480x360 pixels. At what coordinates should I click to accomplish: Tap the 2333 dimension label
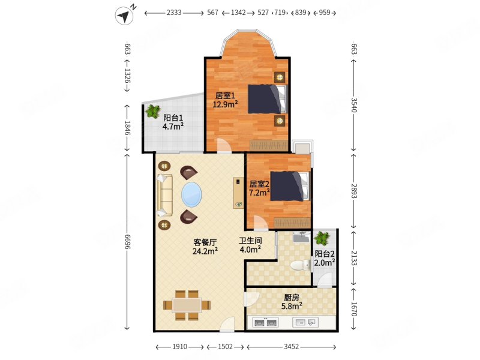point(174,13)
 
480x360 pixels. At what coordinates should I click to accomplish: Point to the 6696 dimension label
point(127,242)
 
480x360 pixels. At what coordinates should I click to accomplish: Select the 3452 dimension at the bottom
point(291,347)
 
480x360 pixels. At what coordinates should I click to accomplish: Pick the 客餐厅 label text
point(205,242)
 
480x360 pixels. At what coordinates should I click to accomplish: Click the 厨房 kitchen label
point(292,297)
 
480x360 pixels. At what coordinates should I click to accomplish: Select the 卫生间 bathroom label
point(250,241)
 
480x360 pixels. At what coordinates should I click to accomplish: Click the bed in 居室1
point(267,99)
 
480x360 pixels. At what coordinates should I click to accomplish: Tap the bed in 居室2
point(289,186)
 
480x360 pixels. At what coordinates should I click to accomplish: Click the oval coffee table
point(191,194)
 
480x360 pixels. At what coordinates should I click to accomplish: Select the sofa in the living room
point(164,195)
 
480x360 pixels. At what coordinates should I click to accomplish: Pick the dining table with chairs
point(187,305)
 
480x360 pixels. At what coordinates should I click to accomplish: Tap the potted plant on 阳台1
point(153,111)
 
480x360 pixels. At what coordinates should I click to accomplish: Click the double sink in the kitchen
point(265,322)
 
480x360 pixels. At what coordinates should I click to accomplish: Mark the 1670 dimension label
point(354,308)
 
